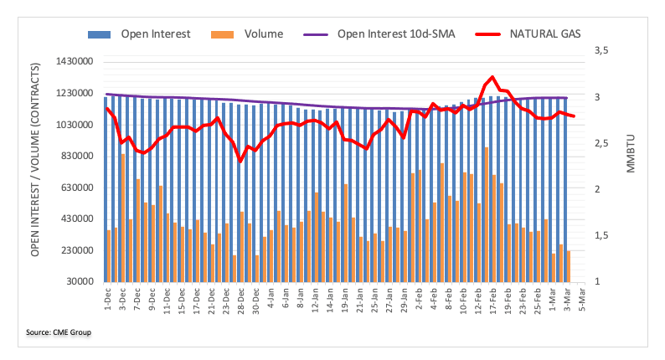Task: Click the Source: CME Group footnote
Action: coord(58,333)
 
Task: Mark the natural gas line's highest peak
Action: coord(492,77)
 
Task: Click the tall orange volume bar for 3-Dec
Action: coord(123,218)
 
